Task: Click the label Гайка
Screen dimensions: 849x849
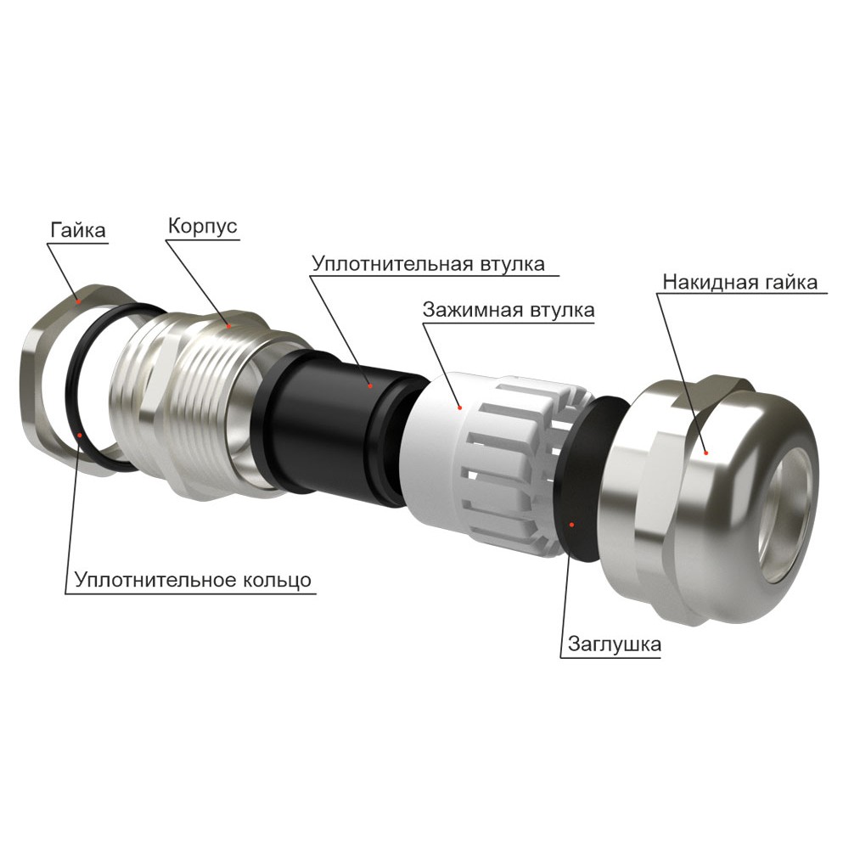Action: point(78,230)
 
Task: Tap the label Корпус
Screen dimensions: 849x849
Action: point(203,225)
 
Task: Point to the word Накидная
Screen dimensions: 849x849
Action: point(702,282)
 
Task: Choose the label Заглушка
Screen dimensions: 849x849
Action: point(615,644)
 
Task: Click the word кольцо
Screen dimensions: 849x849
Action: point(277,579)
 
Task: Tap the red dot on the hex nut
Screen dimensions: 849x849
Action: point(79,301)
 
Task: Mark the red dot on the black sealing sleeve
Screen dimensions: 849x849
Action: point(370,385)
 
